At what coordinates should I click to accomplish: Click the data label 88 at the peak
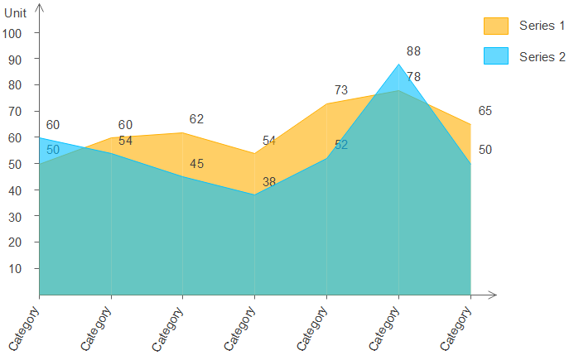coord(413,50)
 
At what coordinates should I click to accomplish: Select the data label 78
coord(413,77)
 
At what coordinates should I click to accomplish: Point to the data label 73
coord(341,90)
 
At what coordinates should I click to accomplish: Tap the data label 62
coord(196,119)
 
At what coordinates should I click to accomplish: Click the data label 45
coord(196,164)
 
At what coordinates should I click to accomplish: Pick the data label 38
coord(269,181)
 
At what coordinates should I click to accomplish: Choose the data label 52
coord(341,145)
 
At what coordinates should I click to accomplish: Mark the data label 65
coord(485,111)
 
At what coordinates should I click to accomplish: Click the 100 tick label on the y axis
coord(13,33)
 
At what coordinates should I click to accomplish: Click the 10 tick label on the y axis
coord(17,269)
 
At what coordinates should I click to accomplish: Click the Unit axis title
coord(16,12)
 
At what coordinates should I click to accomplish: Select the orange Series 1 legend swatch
coord(495,26)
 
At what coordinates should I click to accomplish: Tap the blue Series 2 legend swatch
coord(495,56)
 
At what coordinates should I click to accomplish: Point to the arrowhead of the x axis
coord(493,295)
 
